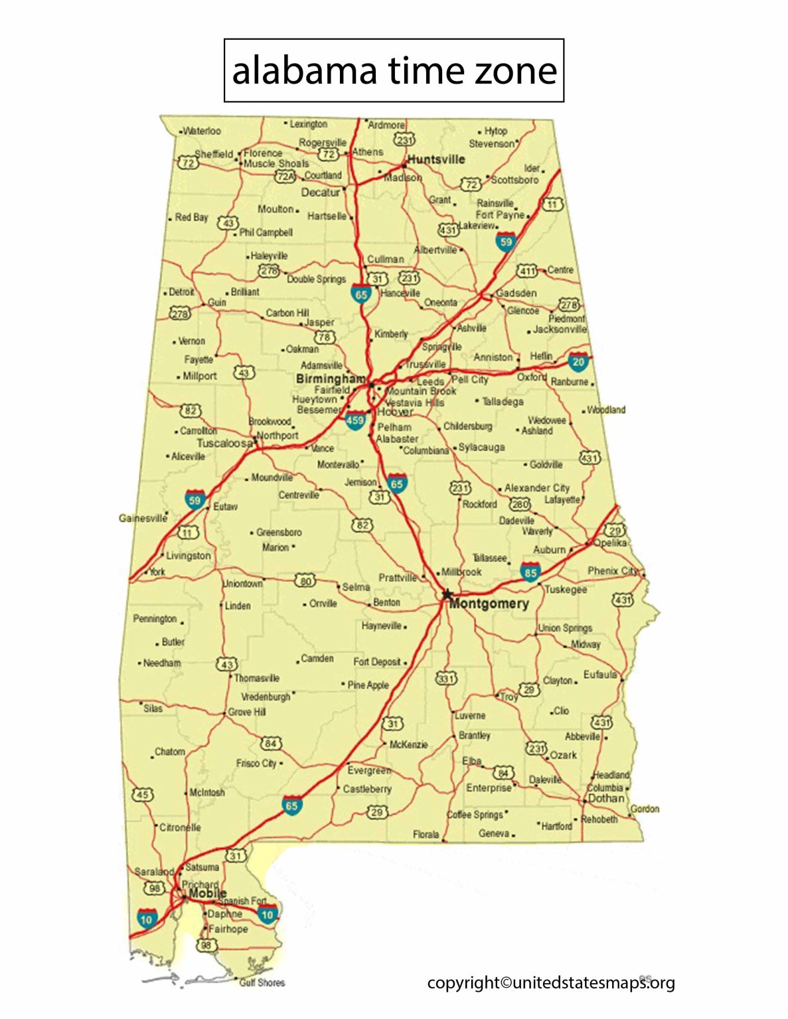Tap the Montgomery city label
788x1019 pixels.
(x=489, y=604)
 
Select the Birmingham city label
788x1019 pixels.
(x=330, y=378)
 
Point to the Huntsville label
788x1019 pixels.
(x=436, y=159)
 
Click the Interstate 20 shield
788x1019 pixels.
(x=578, y=362)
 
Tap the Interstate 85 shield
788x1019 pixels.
(x=530, y=571)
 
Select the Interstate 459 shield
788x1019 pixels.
(x=355, y=420)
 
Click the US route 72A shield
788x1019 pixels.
(x=285, y=176)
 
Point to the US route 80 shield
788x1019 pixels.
(x=305, y=581)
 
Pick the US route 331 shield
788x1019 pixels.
(x=446, y=678)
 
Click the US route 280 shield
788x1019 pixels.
(x=520, y=505)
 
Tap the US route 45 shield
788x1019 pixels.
(x=143, y=794)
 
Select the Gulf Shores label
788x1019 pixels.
(x=262, y=983)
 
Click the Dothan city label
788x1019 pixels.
(x=607, y=798)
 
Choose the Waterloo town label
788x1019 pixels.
(x=201, y=131)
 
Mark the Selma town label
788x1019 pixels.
(x=356, y=587)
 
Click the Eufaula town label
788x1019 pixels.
(x=600, y=675)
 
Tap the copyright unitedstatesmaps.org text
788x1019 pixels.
(x=550, y=983)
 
